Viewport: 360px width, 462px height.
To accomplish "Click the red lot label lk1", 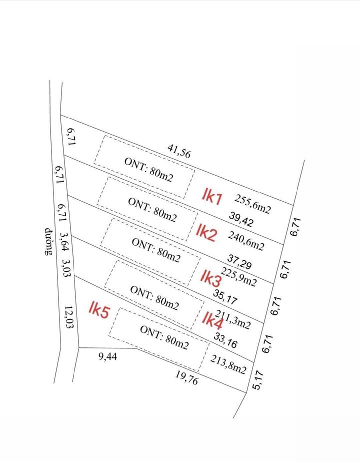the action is point(212,196).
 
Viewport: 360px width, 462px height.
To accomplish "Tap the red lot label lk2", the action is point(206,233).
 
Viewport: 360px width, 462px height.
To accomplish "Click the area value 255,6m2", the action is point(252,204).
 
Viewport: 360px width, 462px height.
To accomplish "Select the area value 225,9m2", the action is point(239,278).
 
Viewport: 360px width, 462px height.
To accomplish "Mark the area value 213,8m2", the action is point(228,365).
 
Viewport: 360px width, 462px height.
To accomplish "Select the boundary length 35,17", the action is point(225,297).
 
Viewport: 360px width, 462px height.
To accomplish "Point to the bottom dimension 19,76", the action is point(187,378).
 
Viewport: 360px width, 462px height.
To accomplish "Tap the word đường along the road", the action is point(48,242).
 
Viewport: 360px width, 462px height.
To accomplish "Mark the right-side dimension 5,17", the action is point(258,380).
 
